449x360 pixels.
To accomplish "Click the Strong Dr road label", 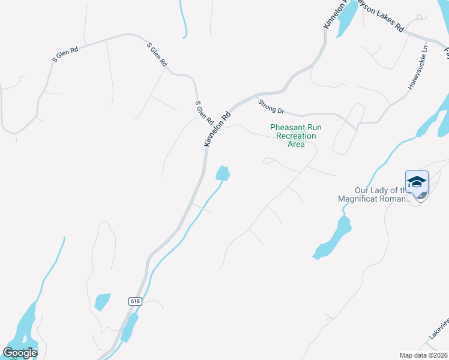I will [x=271, y=107].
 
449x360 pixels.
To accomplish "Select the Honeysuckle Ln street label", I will [x=418, y=68].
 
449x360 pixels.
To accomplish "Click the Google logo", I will [x=20, y=353].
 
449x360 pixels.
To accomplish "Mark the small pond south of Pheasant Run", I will [x=223, y=173].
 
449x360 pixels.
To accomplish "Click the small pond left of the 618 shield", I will [x=103, y=301].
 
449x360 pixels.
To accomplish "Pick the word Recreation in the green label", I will [x=295, y=136].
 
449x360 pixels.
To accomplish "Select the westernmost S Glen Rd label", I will [x=65, y=55].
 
